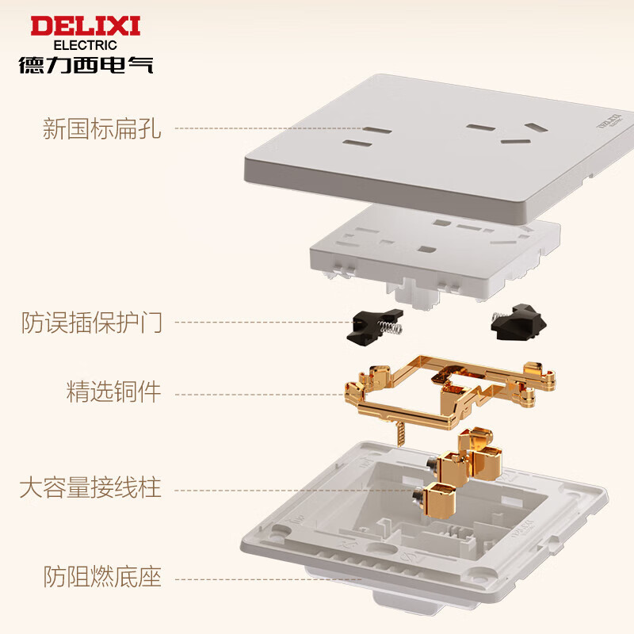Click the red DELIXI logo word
tap(85, 25)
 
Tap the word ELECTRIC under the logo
tap(85, 45)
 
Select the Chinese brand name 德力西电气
tap(86, 64)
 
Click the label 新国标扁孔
tap(102, 128)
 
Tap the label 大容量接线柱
tap(90, 487)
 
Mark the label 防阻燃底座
tap(102, 576)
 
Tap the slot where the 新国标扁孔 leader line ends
tap(357, 144)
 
